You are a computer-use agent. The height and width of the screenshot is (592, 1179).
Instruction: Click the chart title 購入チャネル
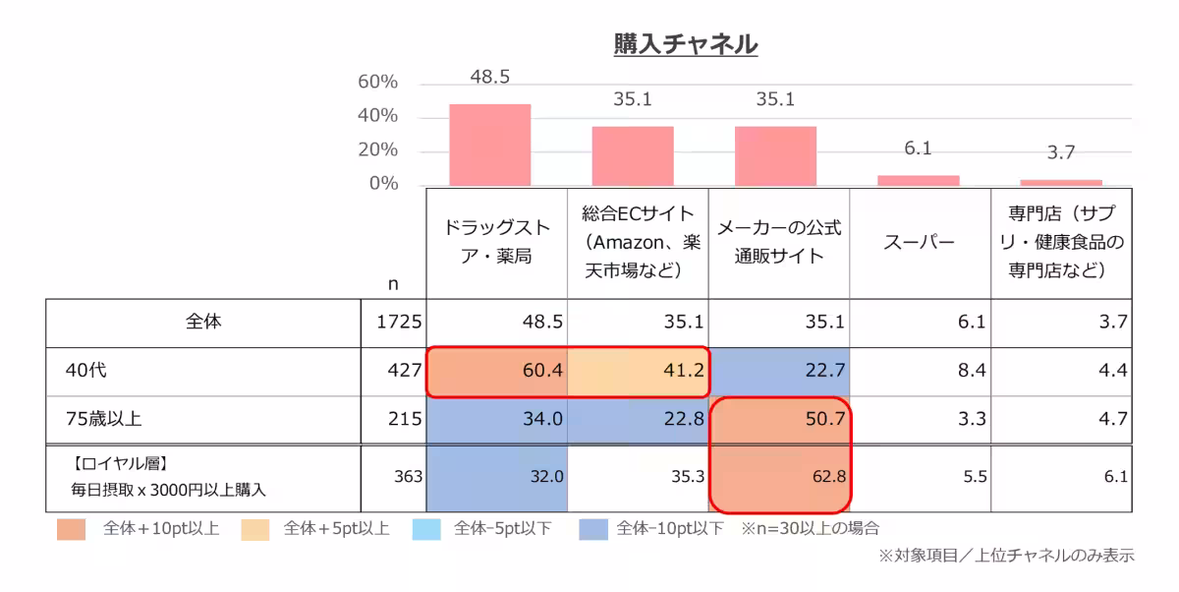tap(685, 44)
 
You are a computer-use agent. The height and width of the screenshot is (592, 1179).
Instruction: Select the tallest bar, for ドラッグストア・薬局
tap(490, 145)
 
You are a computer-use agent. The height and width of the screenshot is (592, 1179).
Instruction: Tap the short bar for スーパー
tap(918, 180)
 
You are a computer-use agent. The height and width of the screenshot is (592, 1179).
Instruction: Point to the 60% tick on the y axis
tap(378, 83)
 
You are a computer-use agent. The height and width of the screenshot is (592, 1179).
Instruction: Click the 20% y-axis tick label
tap(378, 150)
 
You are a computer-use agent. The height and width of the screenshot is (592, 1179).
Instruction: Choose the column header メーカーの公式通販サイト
tap(778, 242)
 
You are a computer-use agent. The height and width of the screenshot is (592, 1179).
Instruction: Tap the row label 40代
tap(85, 371)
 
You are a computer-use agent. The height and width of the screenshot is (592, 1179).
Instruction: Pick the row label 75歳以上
tap(103, 419)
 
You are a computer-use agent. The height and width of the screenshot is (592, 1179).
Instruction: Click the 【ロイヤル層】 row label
tap(118, 463)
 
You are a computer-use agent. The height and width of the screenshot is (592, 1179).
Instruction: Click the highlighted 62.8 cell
tap(779, 477)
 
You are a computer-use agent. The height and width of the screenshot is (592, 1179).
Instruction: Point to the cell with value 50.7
tap(779, 419)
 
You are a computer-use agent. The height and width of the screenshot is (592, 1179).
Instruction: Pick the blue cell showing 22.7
tap(779, 371)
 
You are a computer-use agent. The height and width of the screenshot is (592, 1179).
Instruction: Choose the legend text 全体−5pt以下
tap(502, 529)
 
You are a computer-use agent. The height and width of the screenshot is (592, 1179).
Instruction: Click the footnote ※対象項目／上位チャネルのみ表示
tap(1006, 556)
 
